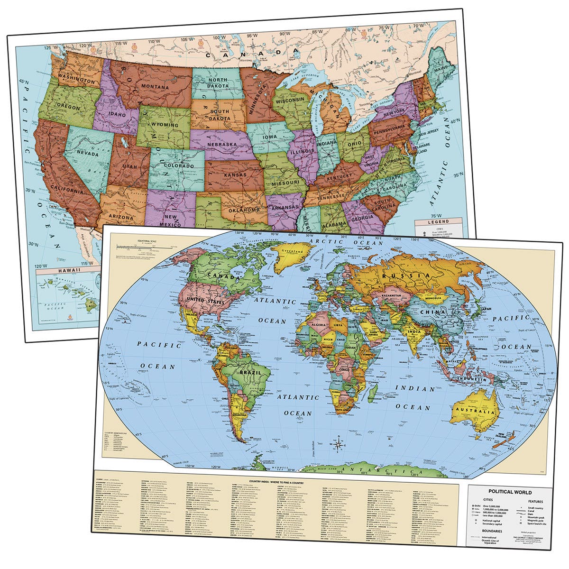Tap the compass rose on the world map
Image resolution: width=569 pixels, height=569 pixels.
point(340,444)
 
